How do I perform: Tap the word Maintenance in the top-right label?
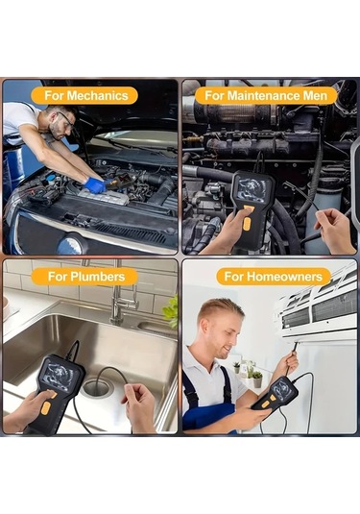tap(263, 95)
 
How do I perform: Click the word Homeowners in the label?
tap(279, 277)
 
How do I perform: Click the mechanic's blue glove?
tap(94, 184)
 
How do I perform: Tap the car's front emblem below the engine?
tap(70, 244)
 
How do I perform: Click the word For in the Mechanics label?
tap(54, 95)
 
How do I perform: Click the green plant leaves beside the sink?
tap(172, 309)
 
